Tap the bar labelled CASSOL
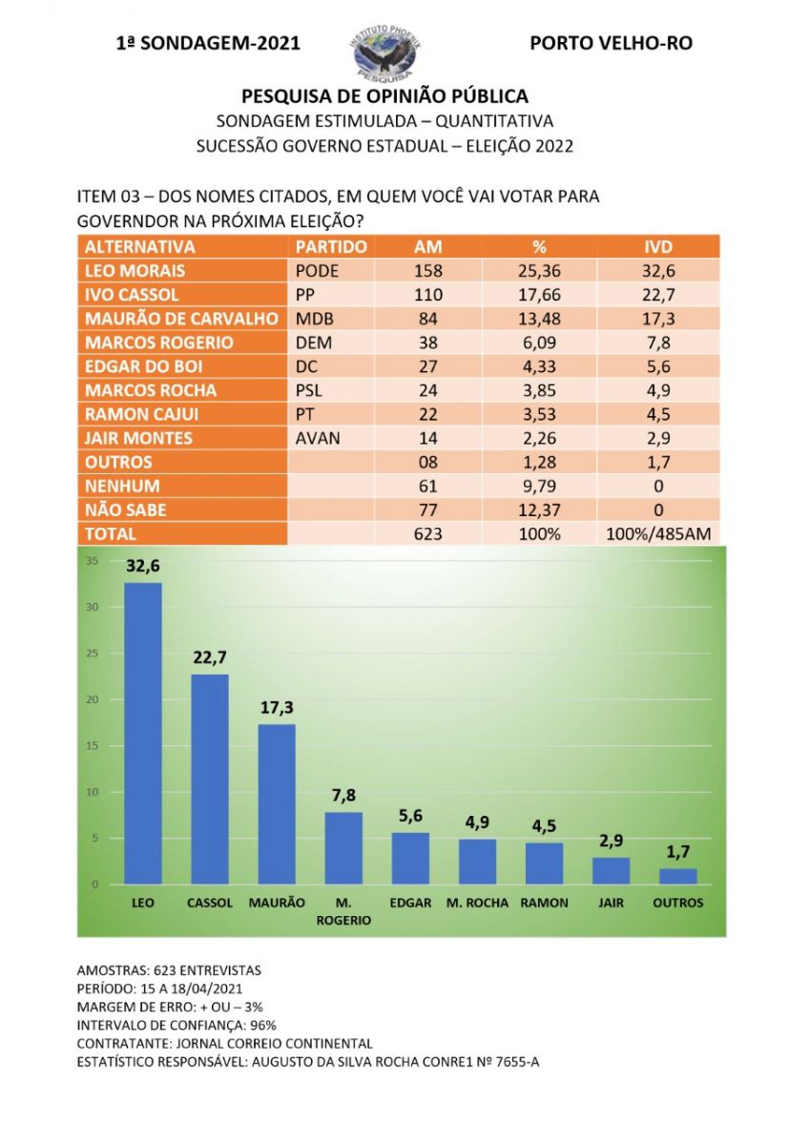[x=210, y=779]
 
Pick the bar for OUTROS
[x=677, y=876]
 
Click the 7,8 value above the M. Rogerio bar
[x=343, y=795]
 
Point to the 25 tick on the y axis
[x=92, y=654]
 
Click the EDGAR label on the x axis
[x=410, y=903]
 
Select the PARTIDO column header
[x=326, y=246]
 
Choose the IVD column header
[x=657, y=246]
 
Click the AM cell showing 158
[x=427, y=270]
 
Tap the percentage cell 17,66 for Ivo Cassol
[x=539, y=294]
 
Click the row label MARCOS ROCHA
[x=150, y=390]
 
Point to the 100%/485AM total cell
[x=657, y=534]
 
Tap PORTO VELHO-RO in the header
[x=611, y=43]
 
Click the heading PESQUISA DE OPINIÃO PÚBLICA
[x=384, y=95]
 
